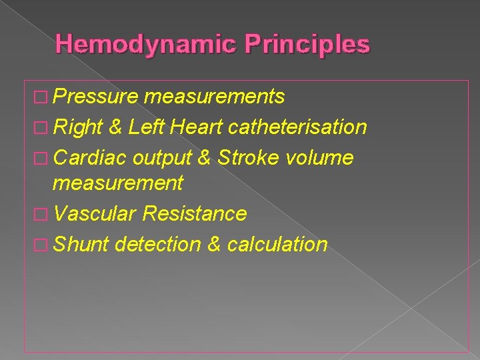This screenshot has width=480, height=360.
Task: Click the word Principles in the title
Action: [x=307, y=45]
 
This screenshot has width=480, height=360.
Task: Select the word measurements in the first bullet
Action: [x=214, y=97]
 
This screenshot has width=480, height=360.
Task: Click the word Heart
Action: [x=196, y=127]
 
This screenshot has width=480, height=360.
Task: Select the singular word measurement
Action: [x=117, y=183]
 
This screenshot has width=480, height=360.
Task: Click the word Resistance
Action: [x=195, y=214]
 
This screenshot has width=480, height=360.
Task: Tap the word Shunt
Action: [x=81, y=244]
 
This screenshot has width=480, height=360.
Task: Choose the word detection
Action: [x=157, y=244]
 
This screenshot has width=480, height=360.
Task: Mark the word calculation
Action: [x=277, y=244]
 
